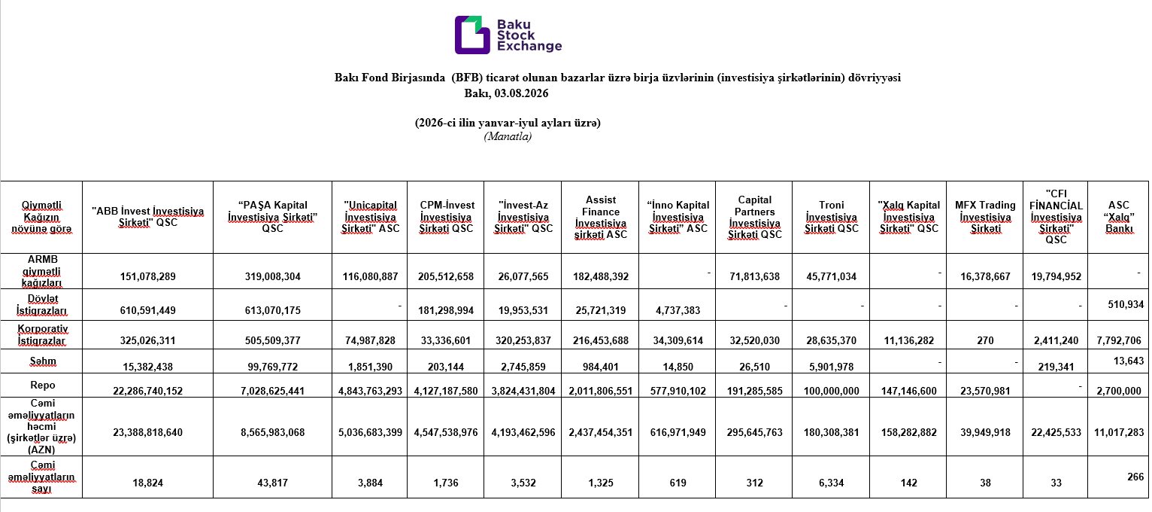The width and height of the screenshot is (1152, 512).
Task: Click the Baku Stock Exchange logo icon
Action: pos(472,35)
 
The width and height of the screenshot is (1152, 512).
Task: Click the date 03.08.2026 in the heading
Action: pos(521,93)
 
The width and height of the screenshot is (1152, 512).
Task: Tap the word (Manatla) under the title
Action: pos(508,136)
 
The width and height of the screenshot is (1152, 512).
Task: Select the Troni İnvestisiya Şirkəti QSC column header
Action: pos(831,217)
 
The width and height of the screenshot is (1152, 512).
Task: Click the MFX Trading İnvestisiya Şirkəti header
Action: pos(985,217)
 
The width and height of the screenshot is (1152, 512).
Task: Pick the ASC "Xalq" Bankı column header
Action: pos(1119,217)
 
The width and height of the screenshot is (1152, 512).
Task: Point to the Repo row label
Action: pos(42,386)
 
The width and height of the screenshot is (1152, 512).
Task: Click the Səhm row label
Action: pos(43,361)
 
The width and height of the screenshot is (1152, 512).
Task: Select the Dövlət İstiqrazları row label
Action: pos(41,304)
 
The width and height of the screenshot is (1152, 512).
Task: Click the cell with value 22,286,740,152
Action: pos(147,391)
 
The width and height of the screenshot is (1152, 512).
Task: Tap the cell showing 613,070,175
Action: pos(272,310)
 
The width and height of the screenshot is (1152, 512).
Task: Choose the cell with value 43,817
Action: pos(272,483)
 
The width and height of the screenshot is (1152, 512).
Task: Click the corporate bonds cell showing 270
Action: pos(985,340)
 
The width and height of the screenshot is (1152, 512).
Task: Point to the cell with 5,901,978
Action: pos(831,367)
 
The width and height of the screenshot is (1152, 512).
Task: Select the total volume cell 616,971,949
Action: pos(678,432)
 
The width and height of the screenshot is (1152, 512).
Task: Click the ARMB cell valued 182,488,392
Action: pos(600,276)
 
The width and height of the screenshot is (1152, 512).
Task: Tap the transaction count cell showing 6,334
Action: pos(831,483)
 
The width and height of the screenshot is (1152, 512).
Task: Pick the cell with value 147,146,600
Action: pos(908,391)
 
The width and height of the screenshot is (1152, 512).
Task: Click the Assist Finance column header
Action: pos(600,217)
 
